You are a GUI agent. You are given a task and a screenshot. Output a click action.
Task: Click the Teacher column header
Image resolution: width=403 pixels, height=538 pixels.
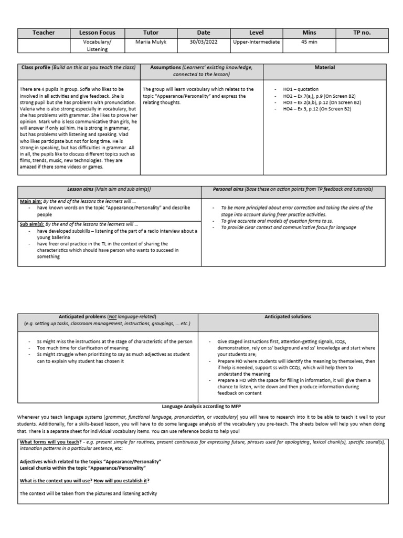[x=44, y=33]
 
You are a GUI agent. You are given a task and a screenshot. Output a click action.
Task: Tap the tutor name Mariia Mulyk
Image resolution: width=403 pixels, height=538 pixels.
[x=151, y=42]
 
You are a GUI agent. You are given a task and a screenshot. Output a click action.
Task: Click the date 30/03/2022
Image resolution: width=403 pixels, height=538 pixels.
[x=204, y=42]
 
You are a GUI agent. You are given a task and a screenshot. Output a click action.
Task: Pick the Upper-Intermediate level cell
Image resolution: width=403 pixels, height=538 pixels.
[x=256, y=42]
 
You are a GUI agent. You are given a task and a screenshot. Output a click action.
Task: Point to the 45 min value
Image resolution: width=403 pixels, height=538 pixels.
[x=309, y=42]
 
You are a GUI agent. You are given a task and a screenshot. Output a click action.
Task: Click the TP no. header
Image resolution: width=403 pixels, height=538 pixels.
[x=362, y=33]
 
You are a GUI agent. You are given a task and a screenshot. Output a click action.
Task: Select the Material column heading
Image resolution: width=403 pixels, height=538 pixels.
[x=324, y=68]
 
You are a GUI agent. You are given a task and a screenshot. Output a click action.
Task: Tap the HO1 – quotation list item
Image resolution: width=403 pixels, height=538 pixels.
[x=300, y=89]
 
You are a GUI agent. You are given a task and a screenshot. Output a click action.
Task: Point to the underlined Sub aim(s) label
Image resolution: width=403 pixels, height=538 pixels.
[x=31, y=224]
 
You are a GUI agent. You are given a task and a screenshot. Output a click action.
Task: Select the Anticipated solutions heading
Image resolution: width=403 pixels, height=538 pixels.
[x=288, y=317]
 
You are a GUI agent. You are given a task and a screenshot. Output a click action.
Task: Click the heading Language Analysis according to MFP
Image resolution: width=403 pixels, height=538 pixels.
[x=201, y=406]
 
